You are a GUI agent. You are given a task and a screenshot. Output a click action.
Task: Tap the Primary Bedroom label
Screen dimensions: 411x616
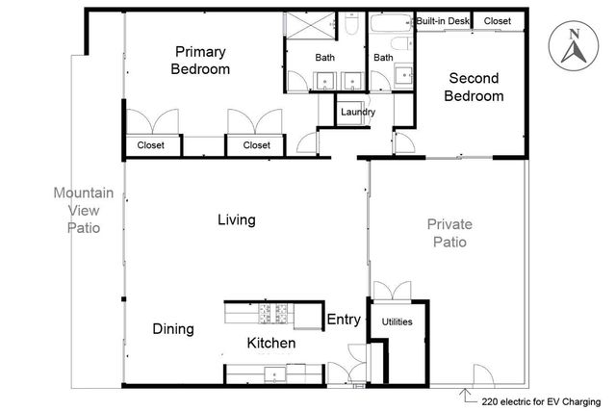(200, 61)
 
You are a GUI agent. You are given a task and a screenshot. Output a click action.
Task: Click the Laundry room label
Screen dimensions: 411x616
(357, 113)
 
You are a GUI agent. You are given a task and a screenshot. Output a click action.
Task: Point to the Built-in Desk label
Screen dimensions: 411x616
(442, 20)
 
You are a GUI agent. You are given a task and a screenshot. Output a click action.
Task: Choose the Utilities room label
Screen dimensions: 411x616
(398, 321)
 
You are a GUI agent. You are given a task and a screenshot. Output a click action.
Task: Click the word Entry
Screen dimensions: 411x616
(344, 321)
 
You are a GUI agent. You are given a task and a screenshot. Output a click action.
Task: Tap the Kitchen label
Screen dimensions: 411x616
(271, 343)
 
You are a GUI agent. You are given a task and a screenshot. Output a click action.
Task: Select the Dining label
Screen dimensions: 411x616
(173, 329)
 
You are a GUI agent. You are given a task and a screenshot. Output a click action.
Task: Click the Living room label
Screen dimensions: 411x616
(236, 219)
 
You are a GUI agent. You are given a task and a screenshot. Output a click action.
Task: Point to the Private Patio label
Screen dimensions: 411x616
(449, 233)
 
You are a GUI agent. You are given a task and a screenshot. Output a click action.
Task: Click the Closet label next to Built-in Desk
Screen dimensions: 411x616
(498, 20)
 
